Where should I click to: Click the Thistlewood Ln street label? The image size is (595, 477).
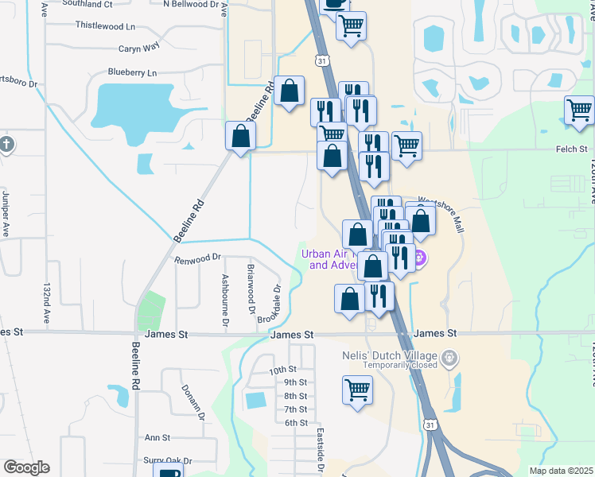(105, 25)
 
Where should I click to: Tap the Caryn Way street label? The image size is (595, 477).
(140, 48)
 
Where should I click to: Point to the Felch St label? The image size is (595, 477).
(571, 149)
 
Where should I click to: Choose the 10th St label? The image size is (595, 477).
(282, 370)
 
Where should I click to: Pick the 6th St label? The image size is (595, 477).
(295, 422)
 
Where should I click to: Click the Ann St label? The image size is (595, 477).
(157, 437)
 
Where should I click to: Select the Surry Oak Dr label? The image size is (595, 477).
(168, 460)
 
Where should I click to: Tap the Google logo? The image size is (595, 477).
(26, 467)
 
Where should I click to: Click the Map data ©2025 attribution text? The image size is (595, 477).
(561, 471)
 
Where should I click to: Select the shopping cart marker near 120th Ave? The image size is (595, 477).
(579, 110)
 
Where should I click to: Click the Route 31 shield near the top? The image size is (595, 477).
(321, 60)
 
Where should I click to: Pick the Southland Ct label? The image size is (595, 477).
(88, 3)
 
